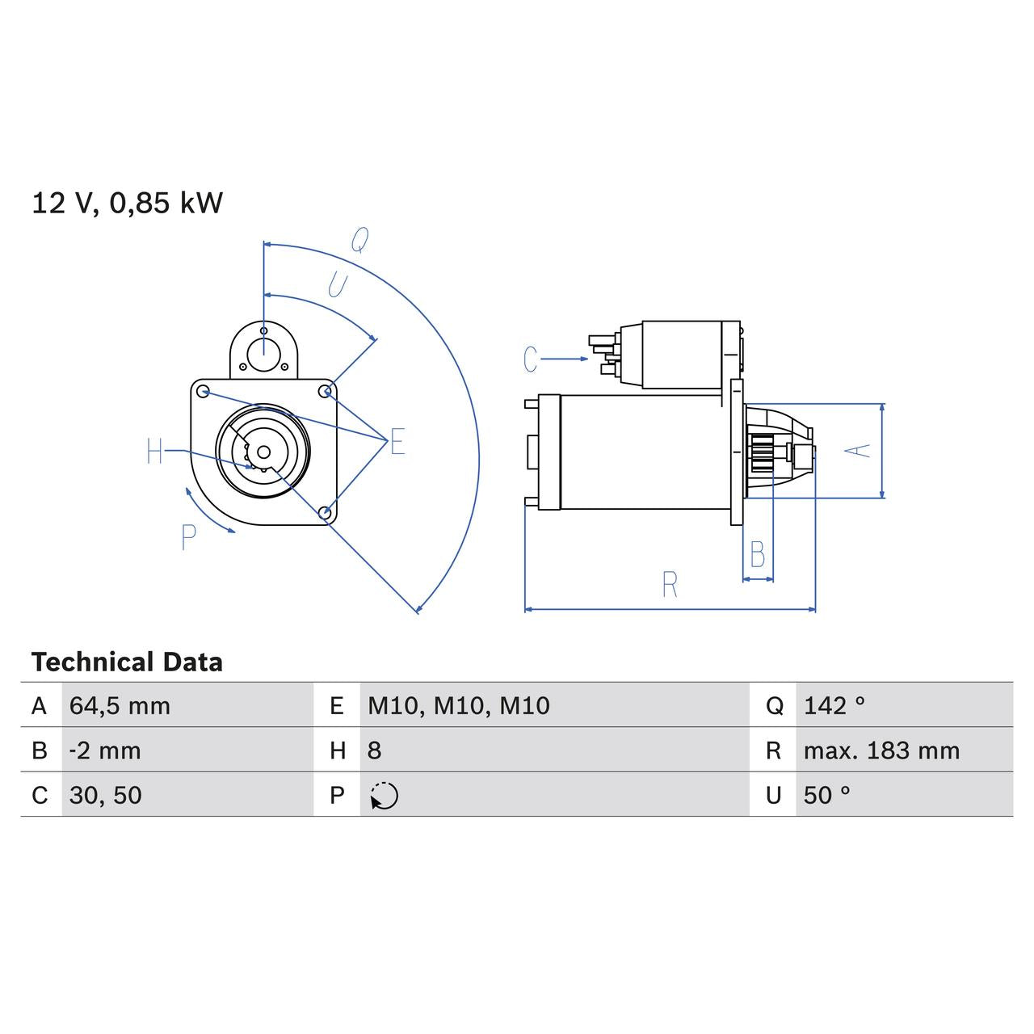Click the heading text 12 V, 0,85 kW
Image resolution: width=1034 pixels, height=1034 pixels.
tap(127, 203)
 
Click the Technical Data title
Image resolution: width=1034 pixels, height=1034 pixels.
tap(127, 662)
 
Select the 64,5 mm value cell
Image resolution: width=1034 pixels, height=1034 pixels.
tap(120, 706)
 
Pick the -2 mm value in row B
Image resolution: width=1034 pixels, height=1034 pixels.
tap(105, 750)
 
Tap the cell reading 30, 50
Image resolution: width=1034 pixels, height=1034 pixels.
tap(105, 795)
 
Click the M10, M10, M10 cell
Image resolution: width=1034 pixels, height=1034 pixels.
tap(458, 706)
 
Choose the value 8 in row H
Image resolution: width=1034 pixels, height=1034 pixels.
tap(374, 750)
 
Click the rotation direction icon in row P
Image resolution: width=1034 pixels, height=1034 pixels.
tap(385, 796)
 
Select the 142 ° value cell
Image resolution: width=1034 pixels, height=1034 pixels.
tap(834, 706)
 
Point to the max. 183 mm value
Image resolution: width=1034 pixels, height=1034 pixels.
tap(881, 750)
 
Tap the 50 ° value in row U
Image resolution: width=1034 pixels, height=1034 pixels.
tap(826, 795)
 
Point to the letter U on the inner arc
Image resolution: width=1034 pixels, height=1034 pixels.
tap(337, 285)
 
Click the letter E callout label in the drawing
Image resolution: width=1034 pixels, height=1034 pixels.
tap(397, 443)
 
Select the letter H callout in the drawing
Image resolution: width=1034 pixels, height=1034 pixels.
tap(155, 452)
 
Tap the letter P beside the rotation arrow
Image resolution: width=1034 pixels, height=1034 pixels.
tap(189, 537)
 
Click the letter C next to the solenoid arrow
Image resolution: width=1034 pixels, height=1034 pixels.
tap(531, 359)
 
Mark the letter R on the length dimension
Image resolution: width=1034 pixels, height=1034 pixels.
tap(670, 585)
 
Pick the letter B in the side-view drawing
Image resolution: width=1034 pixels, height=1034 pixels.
tap(758, 555)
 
